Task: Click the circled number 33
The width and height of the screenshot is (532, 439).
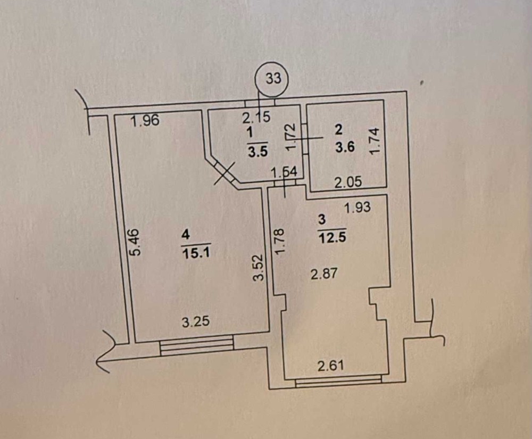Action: tap(273, 78)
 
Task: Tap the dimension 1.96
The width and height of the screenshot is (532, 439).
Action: tap(145, 120)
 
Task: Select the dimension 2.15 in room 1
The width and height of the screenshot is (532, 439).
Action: tap(256, 118)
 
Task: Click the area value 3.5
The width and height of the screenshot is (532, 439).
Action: tap(258, 151)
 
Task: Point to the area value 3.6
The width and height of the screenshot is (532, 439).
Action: tap(345, 147)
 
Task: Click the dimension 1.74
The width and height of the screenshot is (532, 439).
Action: tap(375, 141)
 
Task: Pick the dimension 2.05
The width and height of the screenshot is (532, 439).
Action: tap(348, 183)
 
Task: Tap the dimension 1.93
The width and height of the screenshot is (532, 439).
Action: tap(358, 207)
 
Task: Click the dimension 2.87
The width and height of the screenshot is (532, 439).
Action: tap(324, 274)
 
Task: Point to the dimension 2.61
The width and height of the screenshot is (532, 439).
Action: tap(331, 366)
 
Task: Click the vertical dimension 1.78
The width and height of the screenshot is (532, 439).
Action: tap(279, 242)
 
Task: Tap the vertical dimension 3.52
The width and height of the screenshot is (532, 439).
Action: tap(259, 268)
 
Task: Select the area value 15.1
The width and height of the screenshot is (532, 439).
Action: tap(196, 253)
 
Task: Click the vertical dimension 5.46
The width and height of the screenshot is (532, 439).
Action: tap(134, 242)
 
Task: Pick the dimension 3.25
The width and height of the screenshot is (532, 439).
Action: tap(196, 321)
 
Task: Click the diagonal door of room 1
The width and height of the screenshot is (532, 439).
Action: tap(223, 173)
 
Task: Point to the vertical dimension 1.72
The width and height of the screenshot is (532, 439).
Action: tap(291, 137)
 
